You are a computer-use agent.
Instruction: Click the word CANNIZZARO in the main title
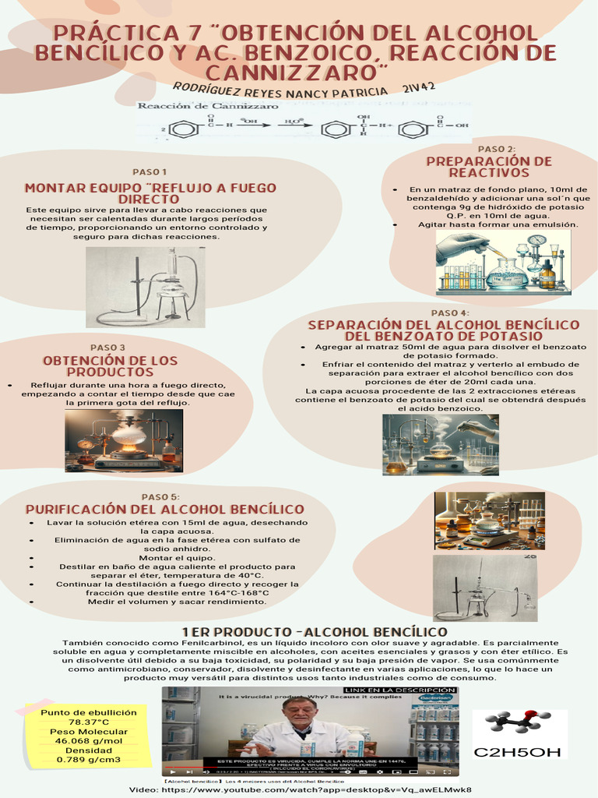[299, 72]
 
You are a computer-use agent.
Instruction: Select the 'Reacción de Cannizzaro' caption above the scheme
[207, 105]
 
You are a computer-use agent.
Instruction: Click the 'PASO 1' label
[149, 171]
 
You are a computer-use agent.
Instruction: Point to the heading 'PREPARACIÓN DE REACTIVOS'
[489, 167]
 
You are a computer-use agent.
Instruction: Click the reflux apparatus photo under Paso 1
[146, 287]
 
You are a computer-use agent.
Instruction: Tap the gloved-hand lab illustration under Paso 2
[503, 263]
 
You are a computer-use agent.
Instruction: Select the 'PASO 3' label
[107, 348]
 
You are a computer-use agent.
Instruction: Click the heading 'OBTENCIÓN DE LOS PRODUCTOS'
[110, 366]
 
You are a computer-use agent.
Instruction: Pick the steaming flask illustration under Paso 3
[124, 440]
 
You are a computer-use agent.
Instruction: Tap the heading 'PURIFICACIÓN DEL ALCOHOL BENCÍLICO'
[165, 510]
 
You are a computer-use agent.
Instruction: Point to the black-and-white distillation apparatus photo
[485, 588]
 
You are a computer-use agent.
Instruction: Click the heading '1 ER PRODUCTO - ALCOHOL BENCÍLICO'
[314, 631]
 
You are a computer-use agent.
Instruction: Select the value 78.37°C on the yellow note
[88, 722]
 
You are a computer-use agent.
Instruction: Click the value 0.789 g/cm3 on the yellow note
[88, 760]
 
